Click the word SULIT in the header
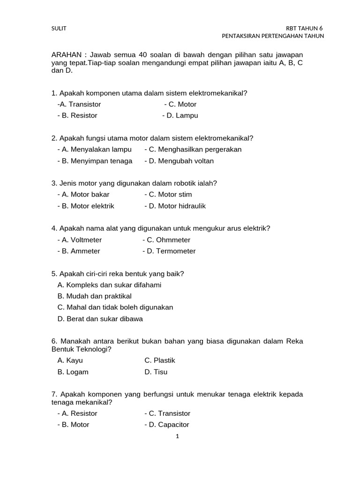[x=59, y=28]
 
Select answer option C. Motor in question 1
[x=182, y=104]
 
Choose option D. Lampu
[x=182, y=115]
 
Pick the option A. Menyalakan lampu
[x=97, y=149]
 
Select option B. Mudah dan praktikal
[x=94, y=296]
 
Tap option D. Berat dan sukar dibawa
[x=100, y=319]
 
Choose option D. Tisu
[x=156, y=372]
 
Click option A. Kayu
[x=70, y=360]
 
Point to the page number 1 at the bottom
[x=177, y=436]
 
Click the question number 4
[x=54, y=228]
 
